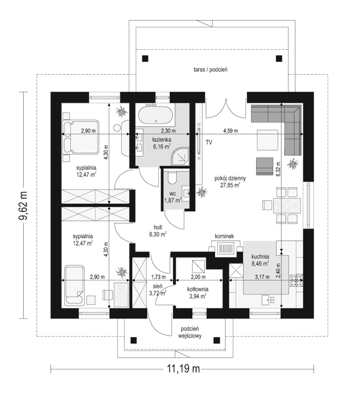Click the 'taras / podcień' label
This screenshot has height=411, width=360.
(211, 69)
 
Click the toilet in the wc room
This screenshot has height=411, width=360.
(173, 178)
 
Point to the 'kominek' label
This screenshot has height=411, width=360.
(225, 236)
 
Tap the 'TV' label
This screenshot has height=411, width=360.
(209, 142)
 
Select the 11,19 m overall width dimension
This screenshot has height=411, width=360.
(182, 368)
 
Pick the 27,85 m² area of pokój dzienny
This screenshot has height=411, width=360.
(230, 186)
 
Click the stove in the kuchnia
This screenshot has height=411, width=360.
(297, 280)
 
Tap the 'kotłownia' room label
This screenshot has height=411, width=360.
(197, 289)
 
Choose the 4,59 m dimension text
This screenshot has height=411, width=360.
(230, 131)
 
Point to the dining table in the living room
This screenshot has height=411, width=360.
(286, 206)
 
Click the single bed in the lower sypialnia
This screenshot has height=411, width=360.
(75, 285)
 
